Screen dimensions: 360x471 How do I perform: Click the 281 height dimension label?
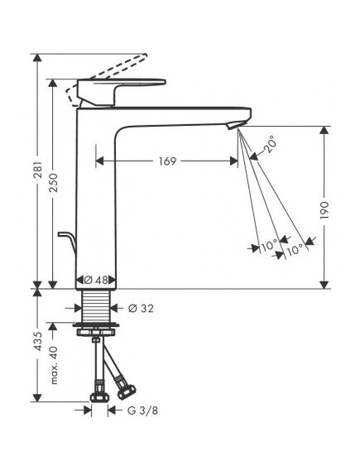coord(38,170)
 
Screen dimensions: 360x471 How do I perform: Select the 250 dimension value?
coord(53,182)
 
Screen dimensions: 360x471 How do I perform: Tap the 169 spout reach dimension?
coord(167,161)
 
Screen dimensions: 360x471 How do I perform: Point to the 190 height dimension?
coord(324,210)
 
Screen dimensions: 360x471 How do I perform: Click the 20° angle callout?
coord(269,144)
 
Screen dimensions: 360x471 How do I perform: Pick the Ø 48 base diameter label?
coord(96,280)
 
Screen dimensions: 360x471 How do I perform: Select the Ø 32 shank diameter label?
coord(141,308)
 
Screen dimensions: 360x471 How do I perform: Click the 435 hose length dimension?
coord(38,341)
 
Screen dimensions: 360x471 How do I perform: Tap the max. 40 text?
coord(54,365)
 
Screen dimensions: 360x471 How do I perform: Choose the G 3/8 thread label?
coord(142,411)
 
